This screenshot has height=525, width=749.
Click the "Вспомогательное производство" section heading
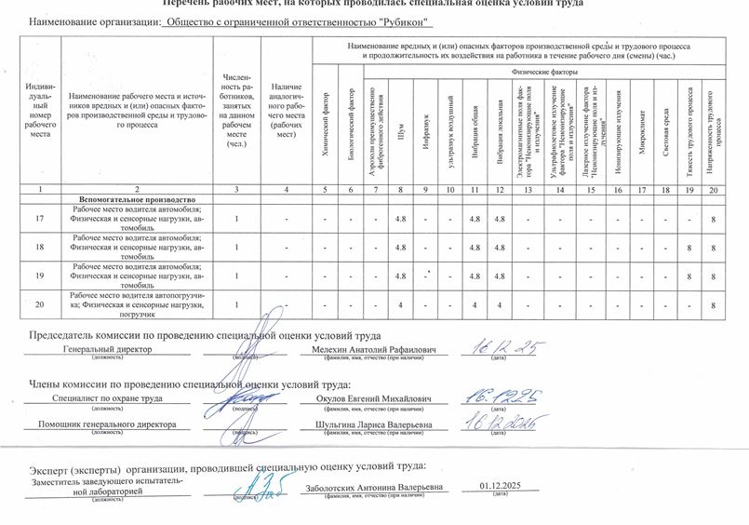point(137,200)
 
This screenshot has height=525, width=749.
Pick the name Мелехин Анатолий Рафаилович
point(372,349)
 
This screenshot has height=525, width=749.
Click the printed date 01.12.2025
point(500,486)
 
